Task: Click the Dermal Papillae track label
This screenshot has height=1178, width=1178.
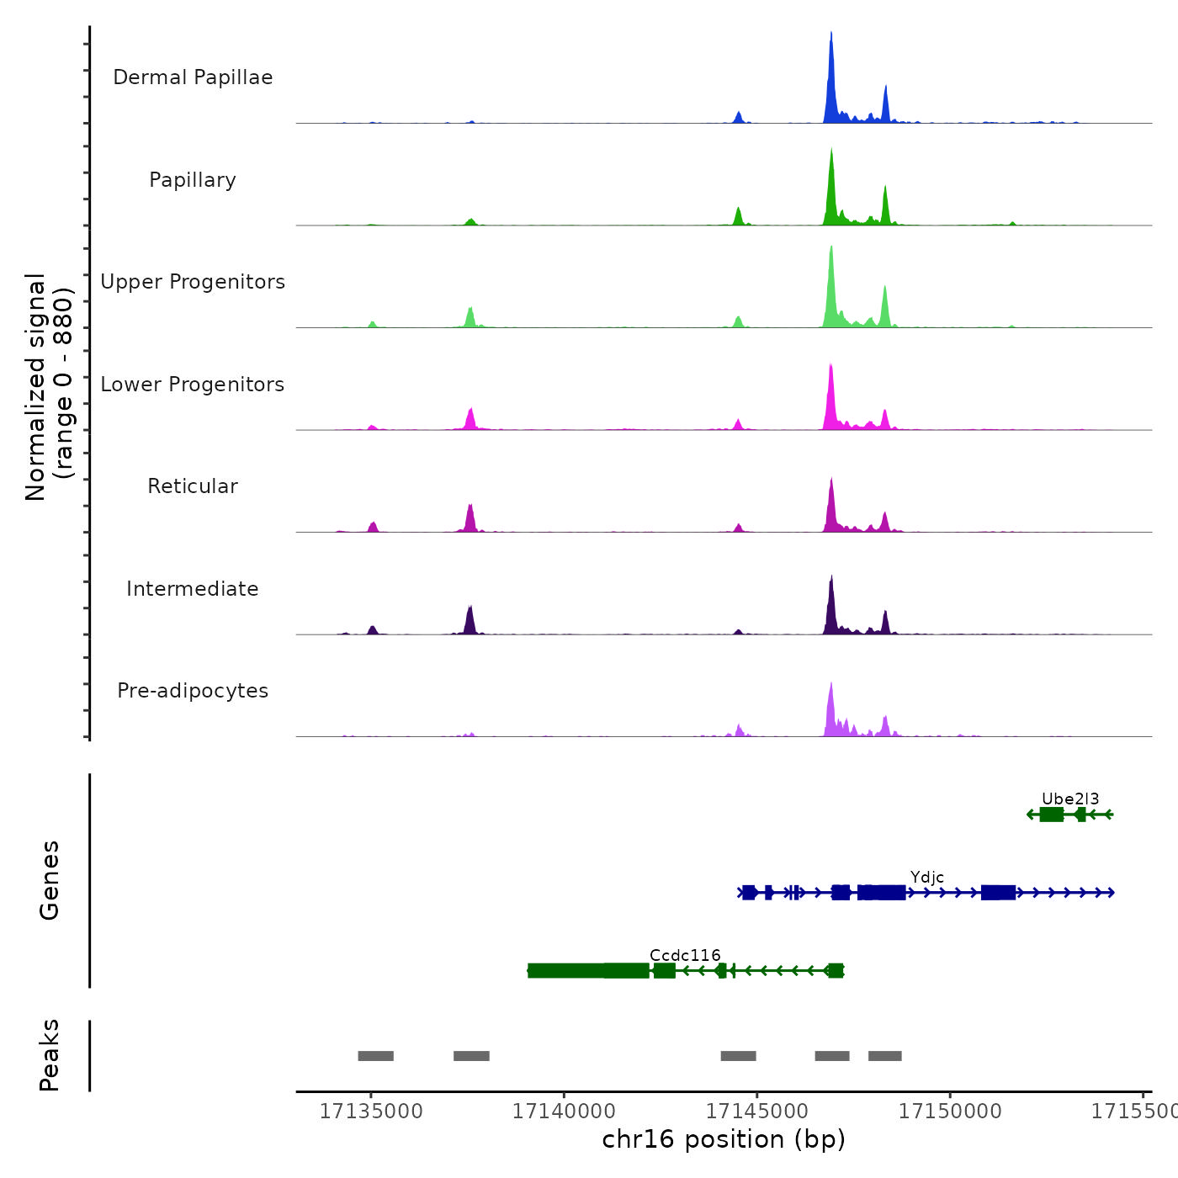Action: point(193,77)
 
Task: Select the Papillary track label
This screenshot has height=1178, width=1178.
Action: point(193,180)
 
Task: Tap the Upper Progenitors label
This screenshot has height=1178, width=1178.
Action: point(193,282)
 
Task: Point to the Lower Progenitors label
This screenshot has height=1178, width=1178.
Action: point(193,385)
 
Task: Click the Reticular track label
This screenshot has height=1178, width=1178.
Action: point(193,486)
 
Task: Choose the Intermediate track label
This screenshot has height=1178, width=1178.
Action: point(193,589)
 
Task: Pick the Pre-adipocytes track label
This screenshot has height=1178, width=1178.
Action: point(193,691)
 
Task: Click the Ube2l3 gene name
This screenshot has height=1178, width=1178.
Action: point(1070,799)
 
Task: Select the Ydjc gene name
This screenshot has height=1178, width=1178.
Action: point(927,878)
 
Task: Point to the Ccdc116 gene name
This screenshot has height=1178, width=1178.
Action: point(685,956)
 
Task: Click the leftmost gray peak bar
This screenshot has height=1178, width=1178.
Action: point(375,1056)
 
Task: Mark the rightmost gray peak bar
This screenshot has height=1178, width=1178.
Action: point(885,1056)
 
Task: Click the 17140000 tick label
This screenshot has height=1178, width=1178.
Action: point(564,1112)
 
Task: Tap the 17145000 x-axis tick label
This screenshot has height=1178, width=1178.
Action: point(757,1112)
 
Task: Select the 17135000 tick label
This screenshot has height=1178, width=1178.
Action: point(371,1112)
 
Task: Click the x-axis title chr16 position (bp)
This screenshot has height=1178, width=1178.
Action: point(724,1139)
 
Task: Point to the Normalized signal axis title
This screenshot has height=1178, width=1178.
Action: point(49,387)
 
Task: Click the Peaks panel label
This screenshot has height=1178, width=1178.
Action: point(50,1055)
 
